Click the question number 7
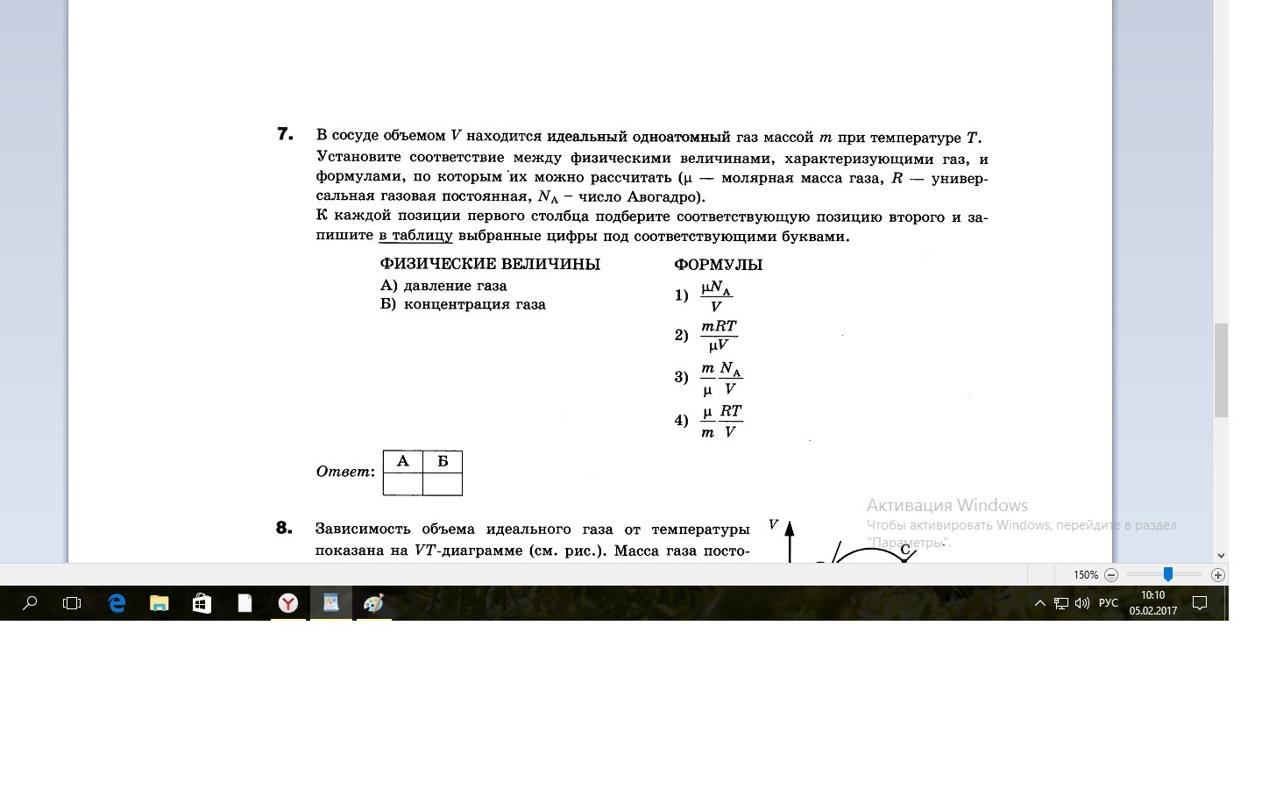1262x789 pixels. click(x=284, y=134)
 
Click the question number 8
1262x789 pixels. click(x=283, y=528)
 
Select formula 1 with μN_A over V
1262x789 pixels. click(x=716, y=296)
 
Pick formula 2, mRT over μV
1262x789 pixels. click(x=719, y=336)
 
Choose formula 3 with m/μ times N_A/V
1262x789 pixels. click(x=721, y=378)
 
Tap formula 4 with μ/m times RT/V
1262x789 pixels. click(x=721, y=421)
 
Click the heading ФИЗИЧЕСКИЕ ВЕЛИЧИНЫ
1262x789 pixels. click(x=490, y=264)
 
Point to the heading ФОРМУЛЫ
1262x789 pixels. click(x=718, y=265)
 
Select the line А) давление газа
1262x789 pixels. click(x=443, y=286)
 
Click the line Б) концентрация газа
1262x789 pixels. click(x=463, y=305)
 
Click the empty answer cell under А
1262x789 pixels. click(x=403, y=484)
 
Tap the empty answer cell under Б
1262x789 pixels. click(x=443, y=484)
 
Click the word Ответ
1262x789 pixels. click(x=344, y=472)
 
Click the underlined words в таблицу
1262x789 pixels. click(x=415, y=236)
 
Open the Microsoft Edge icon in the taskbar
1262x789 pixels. click(x=117, y=603)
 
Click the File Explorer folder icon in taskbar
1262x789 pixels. click(x=159, y=603)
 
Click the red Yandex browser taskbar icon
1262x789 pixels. click(x=287, y=603)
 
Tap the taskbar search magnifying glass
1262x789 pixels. click(x=30, y=603)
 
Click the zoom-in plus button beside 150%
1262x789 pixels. click(x=1217, y=575)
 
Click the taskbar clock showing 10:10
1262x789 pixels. click(x=1152, y=602)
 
